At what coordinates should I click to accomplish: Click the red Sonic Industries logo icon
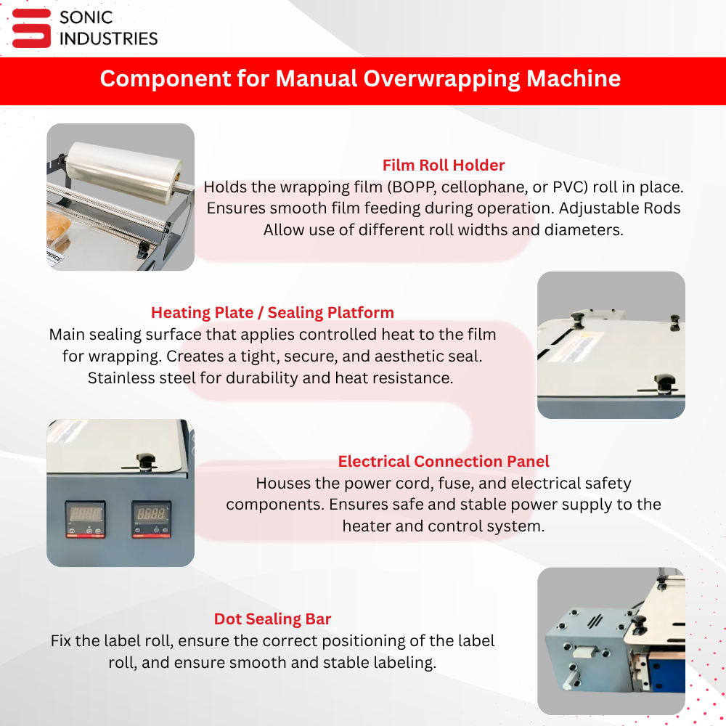point(31,28)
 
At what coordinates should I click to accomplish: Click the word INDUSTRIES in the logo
point(109,39)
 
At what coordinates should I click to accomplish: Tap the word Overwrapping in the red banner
point(441,78)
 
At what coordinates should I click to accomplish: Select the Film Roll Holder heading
point(444,166)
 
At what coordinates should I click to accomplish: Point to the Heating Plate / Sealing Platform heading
point(272,312)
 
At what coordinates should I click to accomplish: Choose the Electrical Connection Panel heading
point(444,461)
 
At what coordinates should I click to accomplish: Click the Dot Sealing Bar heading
point(272,619)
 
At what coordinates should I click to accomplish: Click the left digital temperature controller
point(85,519)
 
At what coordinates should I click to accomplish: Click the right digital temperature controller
point(152,519)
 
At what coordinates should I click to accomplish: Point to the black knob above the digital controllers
point(145,461)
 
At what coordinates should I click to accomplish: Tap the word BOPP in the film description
point(412,187)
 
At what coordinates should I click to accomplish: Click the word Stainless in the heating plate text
point(118,378)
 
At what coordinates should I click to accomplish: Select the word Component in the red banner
point(166,78)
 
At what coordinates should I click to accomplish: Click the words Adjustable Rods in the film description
point(619,208)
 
